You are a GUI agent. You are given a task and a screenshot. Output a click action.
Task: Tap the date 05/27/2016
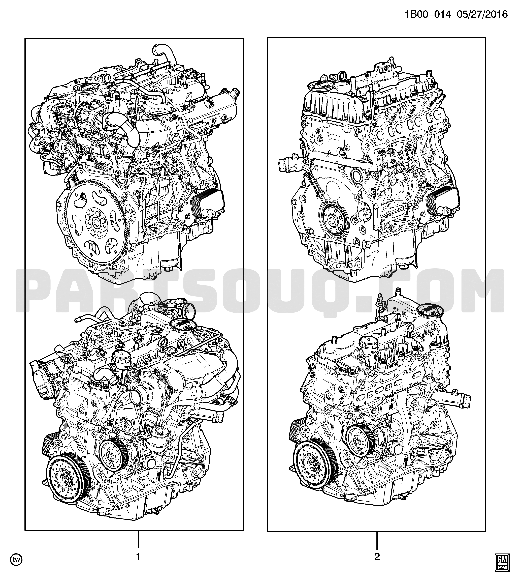pyautogui.click(x=483, y=14)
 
